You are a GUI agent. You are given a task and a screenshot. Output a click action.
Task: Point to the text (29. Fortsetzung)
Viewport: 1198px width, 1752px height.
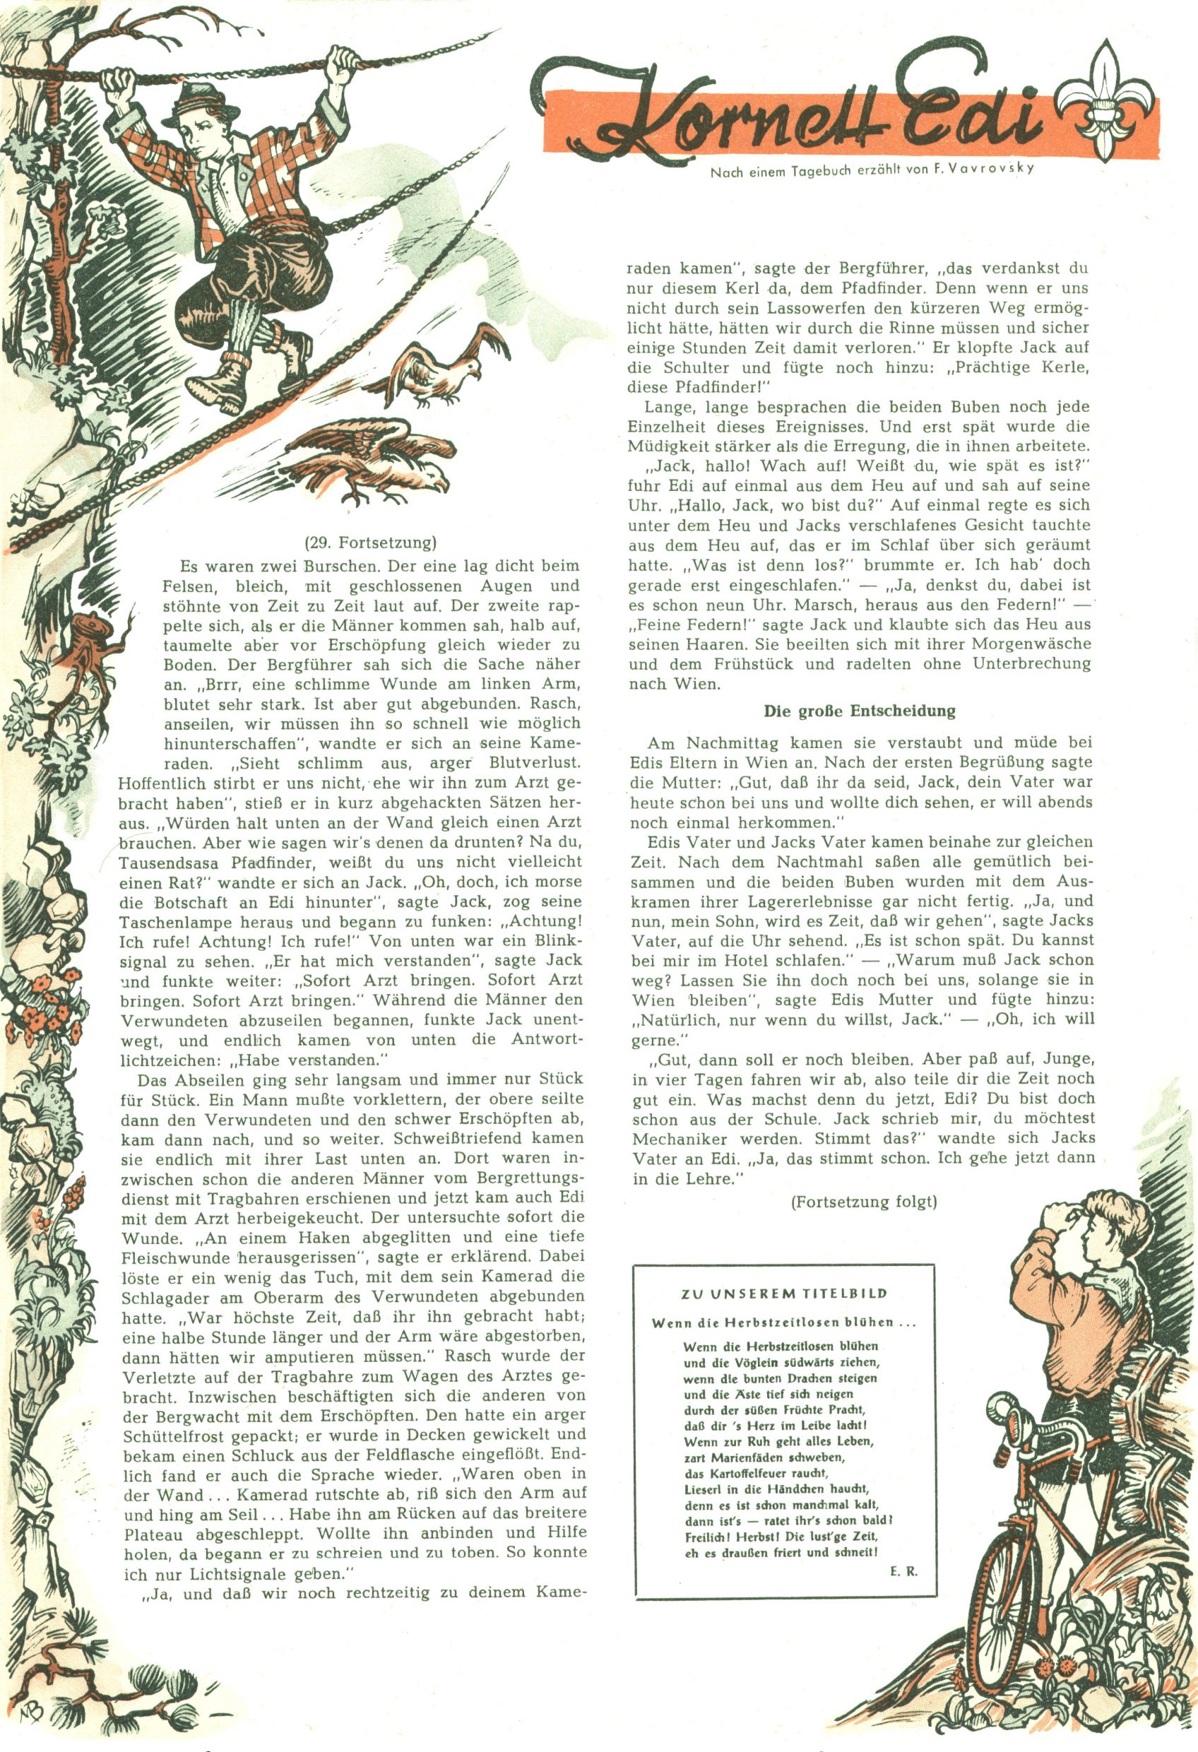pos(371,543)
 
